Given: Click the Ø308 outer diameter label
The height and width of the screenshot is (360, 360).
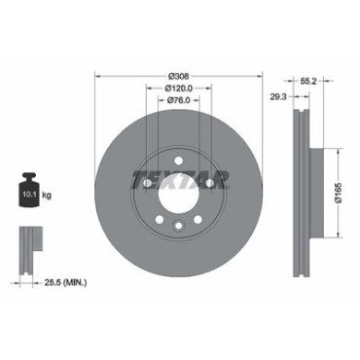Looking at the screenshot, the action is point(178,77).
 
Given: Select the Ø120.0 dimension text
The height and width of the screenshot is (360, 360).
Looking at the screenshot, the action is point(179,89).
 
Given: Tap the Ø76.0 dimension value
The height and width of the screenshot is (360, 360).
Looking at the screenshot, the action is point(179,100).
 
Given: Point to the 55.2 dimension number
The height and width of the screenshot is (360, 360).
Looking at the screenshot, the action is point(307,82).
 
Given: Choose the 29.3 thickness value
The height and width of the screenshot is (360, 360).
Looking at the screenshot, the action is point(279,96).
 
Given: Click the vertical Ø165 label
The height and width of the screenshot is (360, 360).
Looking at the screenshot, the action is point(339,194).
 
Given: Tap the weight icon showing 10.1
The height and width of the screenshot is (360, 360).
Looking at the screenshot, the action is point(29,191).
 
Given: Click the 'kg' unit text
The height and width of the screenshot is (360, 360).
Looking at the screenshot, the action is point(47,196).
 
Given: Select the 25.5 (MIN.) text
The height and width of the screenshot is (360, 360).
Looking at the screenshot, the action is point(65,283).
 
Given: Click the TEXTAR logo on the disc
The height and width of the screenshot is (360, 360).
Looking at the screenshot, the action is point(181,180).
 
